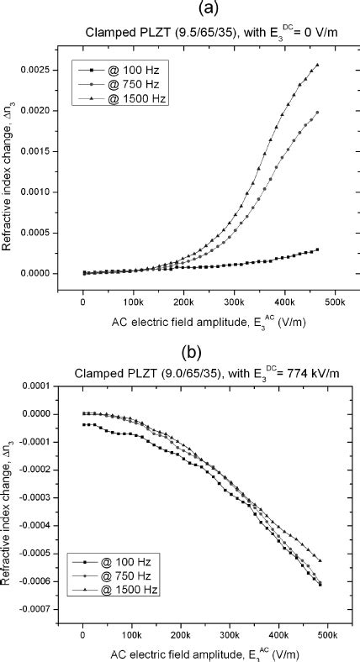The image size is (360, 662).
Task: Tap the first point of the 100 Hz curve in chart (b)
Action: pyautogui.click(x=83, y=425)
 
